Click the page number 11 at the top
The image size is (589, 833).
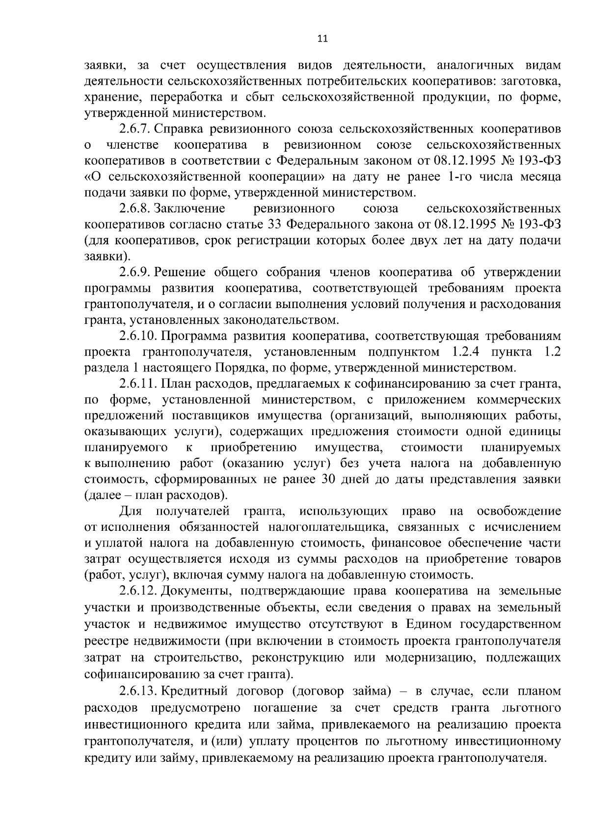pyautogui.click(x=322, y=39)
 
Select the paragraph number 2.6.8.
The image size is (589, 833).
pyautogui.click(x=135, y=208)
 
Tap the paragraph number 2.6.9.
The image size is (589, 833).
pyautogui.click(x=135, y=272)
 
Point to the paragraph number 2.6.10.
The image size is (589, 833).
pyautogui.click(x=138, y=336)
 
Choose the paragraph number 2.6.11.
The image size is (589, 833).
pyautogui.click(x=138, y=384)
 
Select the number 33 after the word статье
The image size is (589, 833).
pyautogui.click(x=274, y=225)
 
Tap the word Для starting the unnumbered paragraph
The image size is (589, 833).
pyautogui.click(x=131, y=511)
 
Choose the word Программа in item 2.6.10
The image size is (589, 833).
pyautogui.click(x=192, y=336)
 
